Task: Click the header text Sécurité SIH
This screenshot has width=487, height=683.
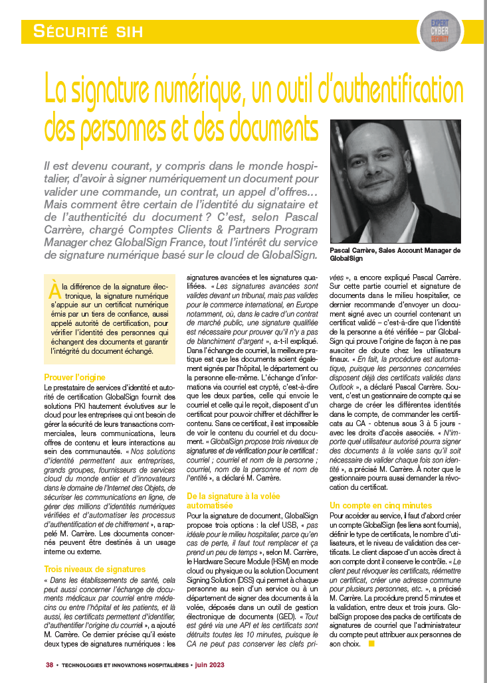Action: point(88,30)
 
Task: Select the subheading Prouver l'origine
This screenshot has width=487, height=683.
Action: point(75,377)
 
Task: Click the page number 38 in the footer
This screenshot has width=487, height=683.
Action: point(49,664)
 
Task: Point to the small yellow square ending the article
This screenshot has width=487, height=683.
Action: point(372,643)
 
